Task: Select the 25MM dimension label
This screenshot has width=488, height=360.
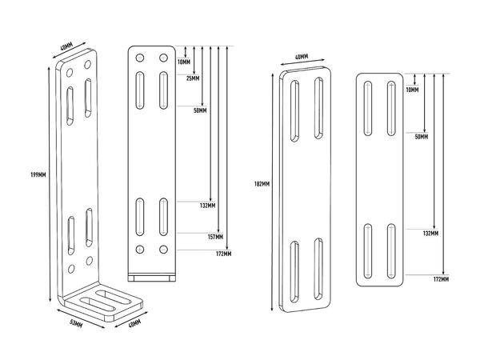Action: (192, 78)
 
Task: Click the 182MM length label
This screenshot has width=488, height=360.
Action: (261, 183)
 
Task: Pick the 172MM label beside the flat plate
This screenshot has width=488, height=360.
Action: (440, 279)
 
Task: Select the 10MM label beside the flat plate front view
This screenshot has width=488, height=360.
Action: (412, 90)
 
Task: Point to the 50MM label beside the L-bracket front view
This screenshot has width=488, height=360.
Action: (200, 110)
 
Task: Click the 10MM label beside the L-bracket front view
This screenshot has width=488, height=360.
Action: (184, 62)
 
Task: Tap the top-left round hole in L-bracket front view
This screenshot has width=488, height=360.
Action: (140, 58)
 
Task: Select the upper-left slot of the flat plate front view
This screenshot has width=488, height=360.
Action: (368, 106)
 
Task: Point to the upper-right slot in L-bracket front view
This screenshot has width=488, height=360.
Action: (163, 88)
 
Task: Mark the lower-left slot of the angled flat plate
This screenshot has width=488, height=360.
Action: (295, 270)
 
